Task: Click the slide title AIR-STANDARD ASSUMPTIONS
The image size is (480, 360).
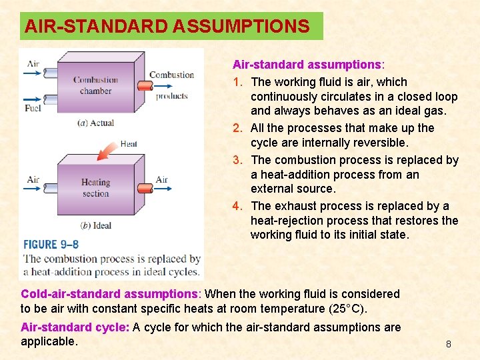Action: point(167,27)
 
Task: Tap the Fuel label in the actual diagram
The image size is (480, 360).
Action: point(33,107)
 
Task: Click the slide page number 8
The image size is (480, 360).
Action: point(449,344)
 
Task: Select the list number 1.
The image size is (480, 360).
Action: point(237,82)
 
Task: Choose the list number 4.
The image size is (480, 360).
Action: point(237,206)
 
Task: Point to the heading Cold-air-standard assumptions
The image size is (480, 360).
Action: point(109,294)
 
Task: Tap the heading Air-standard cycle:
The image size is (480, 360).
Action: point(75,327)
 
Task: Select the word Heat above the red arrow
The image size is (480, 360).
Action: point(129,143)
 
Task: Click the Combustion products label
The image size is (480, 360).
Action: point(171,85)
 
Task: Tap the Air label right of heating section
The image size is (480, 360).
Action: point(161,179)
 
